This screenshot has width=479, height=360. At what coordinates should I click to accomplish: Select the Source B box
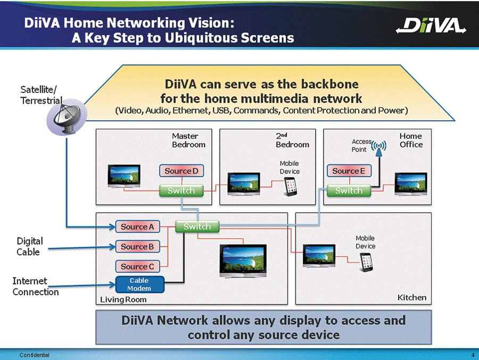pos(137,247)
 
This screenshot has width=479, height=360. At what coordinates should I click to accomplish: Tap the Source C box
pos(137,266)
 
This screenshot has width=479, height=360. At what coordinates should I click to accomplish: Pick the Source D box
pos(181,171)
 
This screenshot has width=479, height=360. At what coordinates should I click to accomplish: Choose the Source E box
pos(349,171)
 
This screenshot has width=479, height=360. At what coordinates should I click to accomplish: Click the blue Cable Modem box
pos(139,284)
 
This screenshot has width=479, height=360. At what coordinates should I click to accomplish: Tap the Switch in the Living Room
pos(197,227)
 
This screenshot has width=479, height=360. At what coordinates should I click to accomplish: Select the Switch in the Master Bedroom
pos(181,190)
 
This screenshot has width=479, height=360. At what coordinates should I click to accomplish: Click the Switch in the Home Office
pos(349,190)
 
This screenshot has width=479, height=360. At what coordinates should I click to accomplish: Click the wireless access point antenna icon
pos(378,147)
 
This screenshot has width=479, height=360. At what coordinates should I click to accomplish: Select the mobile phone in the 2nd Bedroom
pos(290,185)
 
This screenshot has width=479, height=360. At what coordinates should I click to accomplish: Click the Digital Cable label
pos(29,247)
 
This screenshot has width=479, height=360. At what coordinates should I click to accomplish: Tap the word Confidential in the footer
pos(34,355)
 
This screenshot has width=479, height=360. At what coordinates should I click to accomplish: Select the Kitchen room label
pos(412,297)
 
